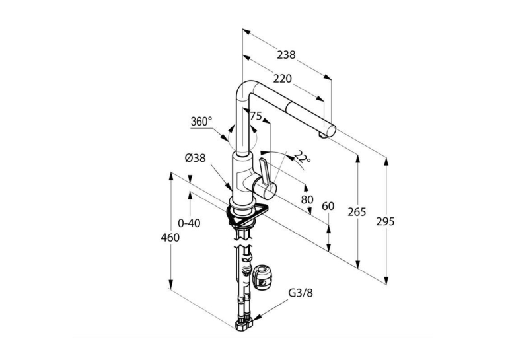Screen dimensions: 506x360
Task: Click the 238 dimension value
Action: pyautogui.click(x=286, y=55)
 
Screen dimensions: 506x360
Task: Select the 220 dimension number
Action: pyautogui.click(x=282, y=79)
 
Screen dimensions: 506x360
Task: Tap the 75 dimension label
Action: pyautogui.click(x=256, y=116)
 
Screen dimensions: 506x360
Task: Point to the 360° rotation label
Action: pyautogui.click(x=201, y=122)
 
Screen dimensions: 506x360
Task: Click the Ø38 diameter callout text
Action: pyautogui.click(x=196, y=158)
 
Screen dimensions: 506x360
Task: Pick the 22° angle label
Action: pyautogui.click(x=303, y=157)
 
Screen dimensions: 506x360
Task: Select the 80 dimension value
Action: pyautogui.click(x=307, y=199)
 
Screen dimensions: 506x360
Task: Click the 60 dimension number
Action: pyautogui.click(x=328, y=206)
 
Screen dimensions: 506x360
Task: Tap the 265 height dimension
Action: pyautogui.click(x=357, y=212)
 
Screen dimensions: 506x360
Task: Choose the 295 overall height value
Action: pyautogui.click(x=385, y=221)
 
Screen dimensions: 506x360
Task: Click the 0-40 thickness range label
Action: pyautogui.click(x=189, y=223)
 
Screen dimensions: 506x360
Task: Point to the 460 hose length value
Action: pyautogui.click(x=170, y=237)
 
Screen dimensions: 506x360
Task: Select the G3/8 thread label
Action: pyautogui.click(x=301, y=293)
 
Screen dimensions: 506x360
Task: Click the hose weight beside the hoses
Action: pyautogui.click(x=262, y=277)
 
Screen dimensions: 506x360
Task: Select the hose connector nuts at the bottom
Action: pyautogui.click(x=244, y=324)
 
